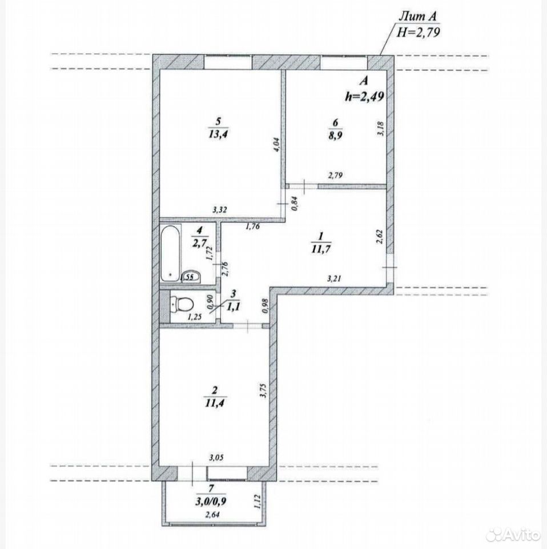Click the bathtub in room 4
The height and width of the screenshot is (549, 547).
(171, 253)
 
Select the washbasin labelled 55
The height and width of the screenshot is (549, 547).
(191, 277)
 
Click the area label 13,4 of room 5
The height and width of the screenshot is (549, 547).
(218, 134)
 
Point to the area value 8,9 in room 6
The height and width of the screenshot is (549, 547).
(335, 135)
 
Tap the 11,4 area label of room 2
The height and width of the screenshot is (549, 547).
(215, 403)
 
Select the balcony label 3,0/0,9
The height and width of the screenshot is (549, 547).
(211, 501)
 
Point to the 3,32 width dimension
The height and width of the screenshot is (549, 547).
(220, 210)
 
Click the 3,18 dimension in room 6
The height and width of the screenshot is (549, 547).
(381, 129)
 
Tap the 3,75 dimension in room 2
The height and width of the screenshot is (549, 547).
(264, 391)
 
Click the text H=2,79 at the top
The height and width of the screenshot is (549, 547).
(418, 32)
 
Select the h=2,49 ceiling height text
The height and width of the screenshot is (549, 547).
(364, 96)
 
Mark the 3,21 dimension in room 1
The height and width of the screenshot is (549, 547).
(334, 279)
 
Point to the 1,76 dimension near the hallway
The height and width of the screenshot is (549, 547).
(253, 226)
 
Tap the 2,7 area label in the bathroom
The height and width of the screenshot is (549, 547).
(200, 242)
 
